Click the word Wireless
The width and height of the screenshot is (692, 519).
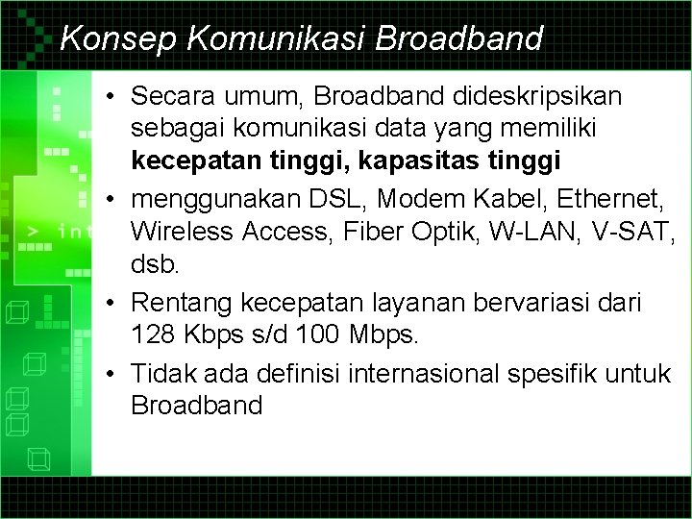point(182,232)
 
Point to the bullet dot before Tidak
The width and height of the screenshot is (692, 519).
point(112,373)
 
